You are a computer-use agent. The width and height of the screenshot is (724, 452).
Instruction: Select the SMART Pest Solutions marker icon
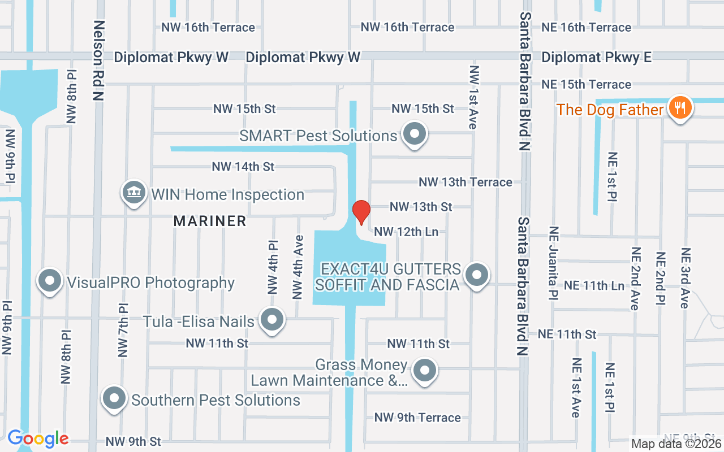click(415, 134)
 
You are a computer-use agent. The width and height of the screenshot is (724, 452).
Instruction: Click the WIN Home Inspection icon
click(133, 193)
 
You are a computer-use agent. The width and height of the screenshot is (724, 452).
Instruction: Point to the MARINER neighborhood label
click(210, 221)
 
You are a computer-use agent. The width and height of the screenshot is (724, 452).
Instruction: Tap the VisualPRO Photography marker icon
click(50, 281)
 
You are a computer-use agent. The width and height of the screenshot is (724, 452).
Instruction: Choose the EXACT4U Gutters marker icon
click(476, 275)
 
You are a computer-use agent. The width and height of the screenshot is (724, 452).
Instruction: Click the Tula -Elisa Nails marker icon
click(272, 320)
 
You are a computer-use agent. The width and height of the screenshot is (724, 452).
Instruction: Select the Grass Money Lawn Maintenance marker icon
click(424, 371)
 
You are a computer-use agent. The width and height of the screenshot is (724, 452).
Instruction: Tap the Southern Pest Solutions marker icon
click(114, 398)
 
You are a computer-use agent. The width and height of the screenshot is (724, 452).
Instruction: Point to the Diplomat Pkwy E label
click(596, 57)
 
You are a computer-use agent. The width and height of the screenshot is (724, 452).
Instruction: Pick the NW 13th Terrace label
click(465, 182)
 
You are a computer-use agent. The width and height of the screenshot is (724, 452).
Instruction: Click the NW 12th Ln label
click(406, 232)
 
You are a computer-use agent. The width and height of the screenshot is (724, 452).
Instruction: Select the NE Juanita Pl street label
click(553, 263)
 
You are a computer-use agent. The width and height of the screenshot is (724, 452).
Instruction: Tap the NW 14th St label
click(243, 167)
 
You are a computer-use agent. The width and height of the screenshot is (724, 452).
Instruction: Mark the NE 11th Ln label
click(594, 285)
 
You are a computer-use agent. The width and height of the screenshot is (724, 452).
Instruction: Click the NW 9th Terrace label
click(417, 418)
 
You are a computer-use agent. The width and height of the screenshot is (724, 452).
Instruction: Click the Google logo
click(38, 438)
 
